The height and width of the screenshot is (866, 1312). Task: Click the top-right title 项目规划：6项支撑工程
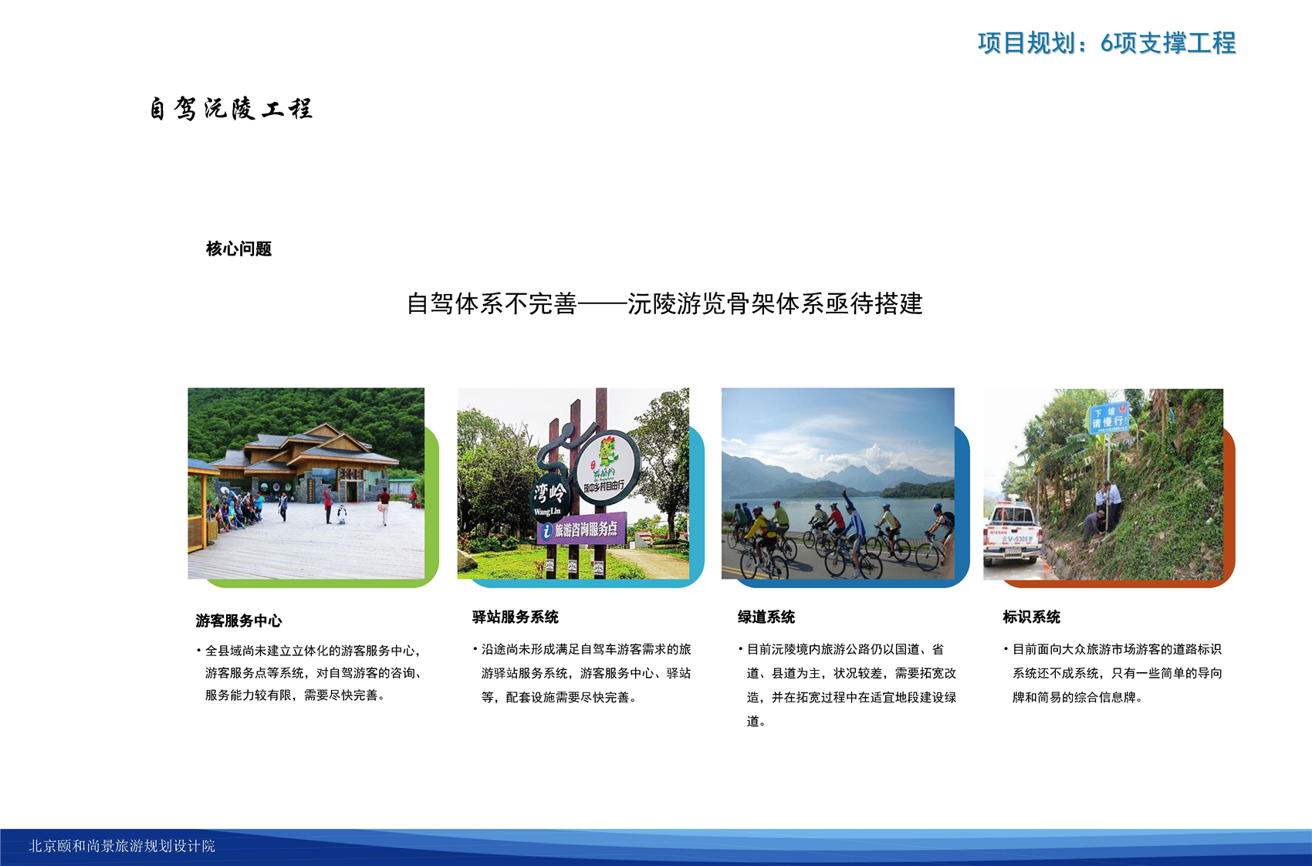click(1107, 43)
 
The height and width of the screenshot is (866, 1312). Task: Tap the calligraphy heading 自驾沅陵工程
click(231, 109)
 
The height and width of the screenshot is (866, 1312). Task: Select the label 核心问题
click(239, 249)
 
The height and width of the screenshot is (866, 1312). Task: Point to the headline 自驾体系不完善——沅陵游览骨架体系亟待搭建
click(664, 303)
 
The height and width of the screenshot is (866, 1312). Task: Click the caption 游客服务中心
click(239, 621)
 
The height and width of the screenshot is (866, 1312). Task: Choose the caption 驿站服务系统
click(516, 617)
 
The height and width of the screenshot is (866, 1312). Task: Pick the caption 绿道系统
click(766, 617)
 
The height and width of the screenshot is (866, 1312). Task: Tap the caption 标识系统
click(1031, 617)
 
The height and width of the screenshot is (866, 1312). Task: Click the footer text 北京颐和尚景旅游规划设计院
click(122, 846)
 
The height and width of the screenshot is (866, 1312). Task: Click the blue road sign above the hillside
click(1109, 418)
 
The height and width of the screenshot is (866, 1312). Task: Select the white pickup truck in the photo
click(1012, 533)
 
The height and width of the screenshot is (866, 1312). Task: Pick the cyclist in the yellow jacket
click(759, 539)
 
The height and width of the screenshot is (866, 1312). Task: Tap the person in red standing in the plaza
click(329, 505)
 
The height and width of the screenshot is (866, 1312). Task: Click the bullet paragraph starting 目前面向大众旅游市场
click(1113, 673)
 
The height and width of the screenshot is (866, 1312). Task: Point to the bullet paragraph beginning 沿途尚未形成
click(582, 673)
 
